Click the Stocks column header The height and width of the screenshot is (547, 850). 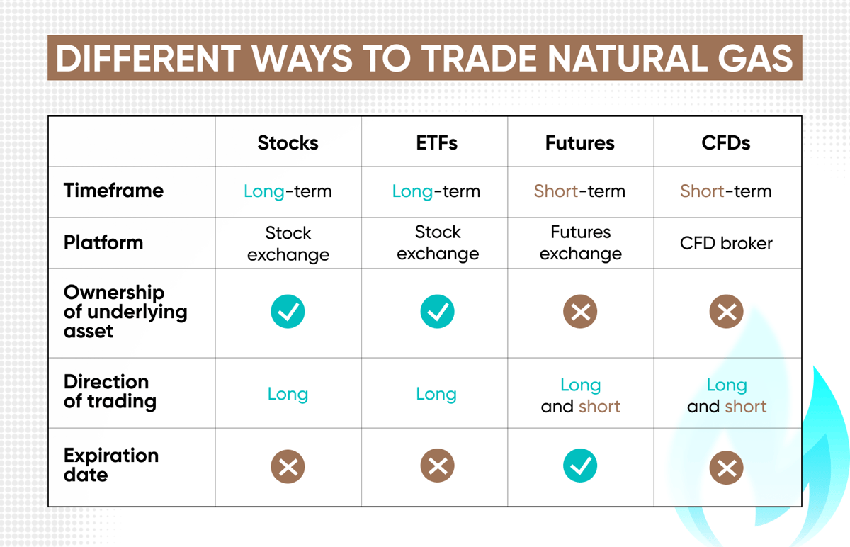coord(288,142)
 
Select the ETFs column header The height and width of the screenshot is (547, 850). coord(437,142)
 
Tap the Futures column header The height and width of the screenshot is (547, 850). coord(580,142)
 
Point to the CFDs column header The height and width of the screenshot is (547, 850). coord(726,142)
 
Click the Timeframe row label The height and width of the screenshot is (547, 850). coord(113,190)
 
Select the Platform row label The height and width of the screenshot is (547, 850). coord(103,242)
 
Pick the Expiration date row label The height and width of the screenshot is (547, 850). coord(111,465)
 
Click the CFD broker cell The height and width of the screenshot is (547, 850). coord(726,243)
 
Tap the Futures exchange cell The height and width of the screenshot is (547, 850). coord(581,242)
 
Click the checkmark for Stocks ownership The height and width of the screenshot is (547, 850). coord(288,311)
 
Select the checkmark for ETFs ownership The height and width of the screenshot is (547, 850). coord(437,311)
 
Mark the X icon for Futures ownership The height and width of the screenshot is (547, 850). coord(580,311)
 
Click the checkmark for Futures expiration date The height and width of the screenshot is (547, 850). coord(580,466)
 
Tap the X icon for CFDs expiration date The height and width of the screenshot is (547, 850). coord(726,468)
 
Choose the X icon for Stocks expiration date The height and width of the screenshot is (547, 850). coord(288,466)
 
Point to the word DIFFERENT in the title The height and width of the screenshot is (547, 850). coord(148,58)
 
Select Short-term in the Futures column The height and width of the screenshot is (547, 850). coord(579,191)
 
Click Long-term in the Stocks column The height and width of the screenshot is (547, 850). coord(288,191)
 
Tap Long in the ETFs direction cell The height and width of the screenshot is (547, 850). coord(436,394)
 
